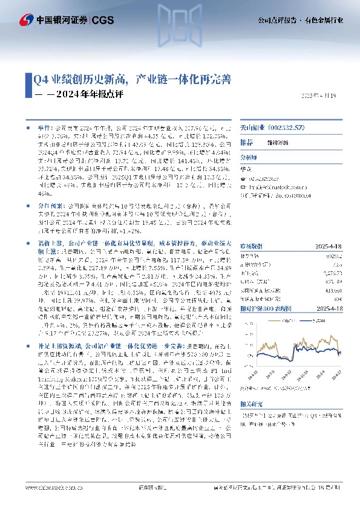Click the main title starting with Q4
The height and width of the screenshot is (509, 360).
click(x=131, y=79)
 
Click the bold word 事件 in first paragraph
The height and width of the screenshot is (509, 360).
click(x=45, y=130)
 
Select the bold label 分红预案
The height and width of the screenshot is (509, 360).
click(x=49, y=206)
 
